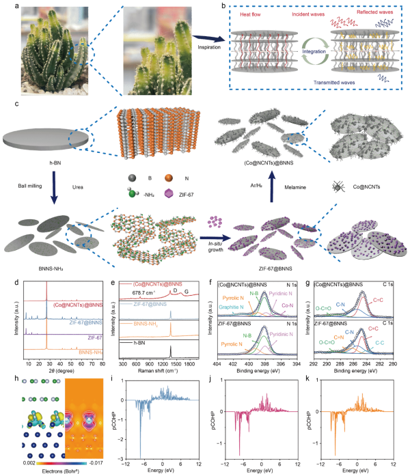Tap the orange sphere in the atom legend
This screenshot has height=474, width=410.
coord(168,178)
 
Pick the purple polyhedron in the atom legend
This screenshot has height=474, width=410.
coord(168,194)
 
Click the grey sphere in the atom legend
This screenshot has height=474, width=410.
coord(133,178)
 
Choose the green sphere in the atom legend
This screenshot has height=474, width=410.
coord(133,194)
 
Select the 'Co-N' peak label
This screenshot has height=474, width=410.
coord(288,305)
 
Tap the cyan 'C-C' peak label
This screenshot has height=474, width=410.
coord(381,341)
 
